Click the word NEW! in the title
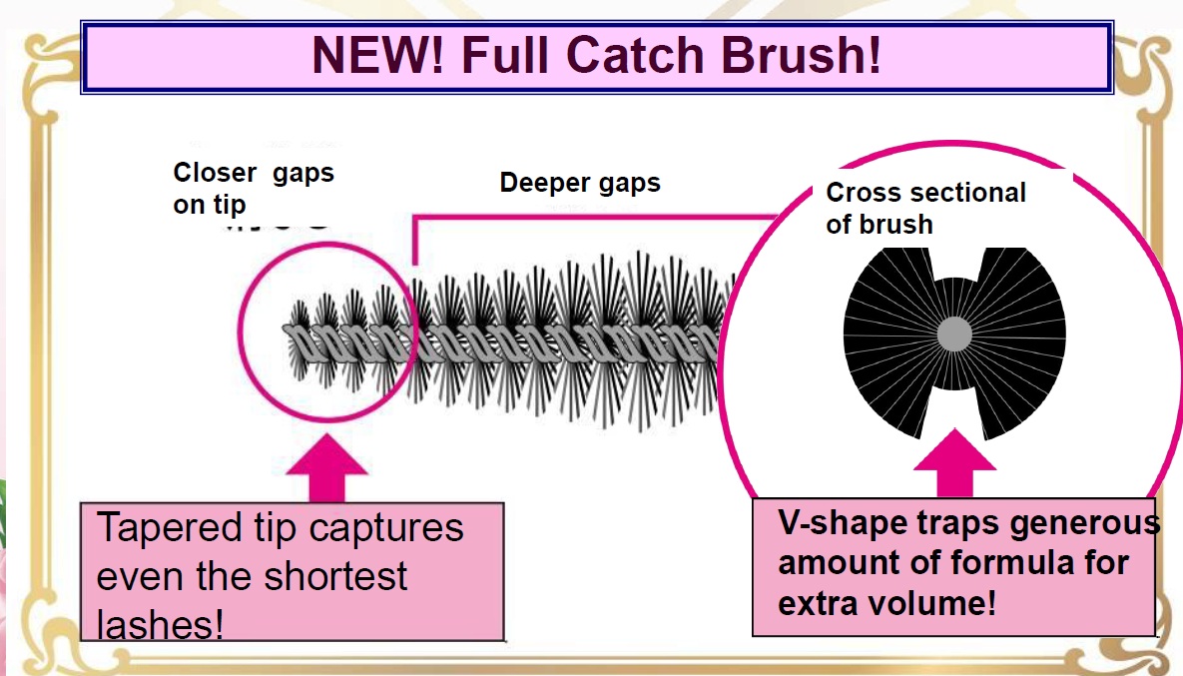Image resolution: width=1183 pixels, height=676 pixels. (378, 55)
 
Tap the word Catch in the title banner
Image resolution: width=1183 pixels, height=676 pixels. (635, 55)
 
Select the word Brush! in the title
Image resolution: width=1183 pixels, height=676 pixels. (801, 55)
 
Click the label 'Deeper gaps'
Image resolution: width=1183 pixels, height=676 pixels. (579, 184)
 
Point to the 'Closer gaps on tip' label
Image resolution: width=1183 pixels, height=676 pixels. (254, 188)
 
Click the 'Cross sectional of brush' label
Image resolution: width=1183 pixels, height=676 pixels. (925, 209)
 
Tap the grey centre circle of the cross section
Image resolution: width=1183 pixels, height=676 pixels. (954, 335)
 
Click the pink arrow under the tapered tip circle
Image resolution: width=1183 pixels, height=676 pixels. (326, 467)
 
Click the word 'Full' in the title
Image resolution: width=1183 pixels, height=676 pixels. (505, 55)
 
